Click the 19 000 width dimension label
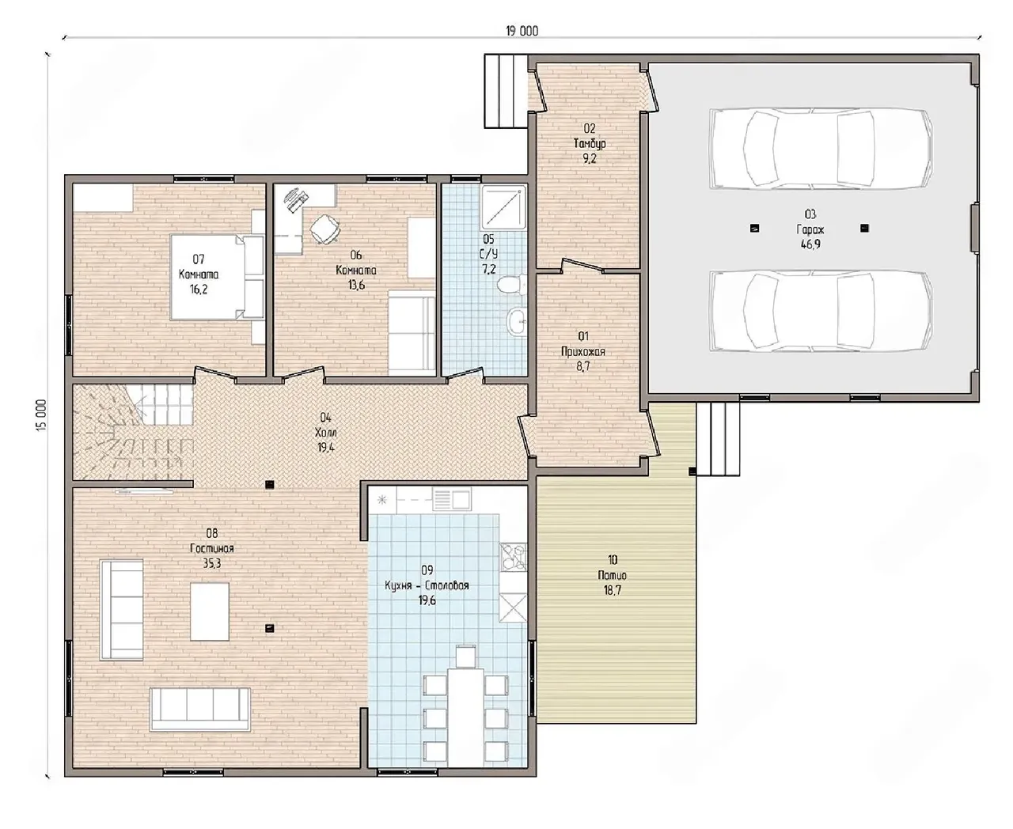tap(522, 31)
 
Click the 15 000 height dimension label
tap(42, 414)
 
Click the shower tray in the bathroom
tap(503, 207)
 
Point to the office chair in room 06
tap(324, 229)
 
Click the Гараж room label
tap(810, 229)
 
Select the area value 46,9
tap(810, 244)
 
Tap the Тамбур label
tap(590, 143)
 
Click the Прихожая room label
tap(583, 351)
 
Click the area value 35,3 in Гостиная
tap(212, 563)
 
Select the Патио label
tap(612, 575)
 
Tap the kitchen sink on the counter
tap(452, 498)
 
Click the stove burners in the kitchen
tap(513, 557)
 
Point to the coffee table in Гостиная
tap(210, 611)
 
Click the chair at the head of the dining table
tap(465, 657)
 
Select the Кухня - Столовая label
tap(427, 585)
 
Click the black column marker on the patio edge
tap(692, 471)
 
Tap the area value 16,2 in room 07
tap(199, 290)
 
